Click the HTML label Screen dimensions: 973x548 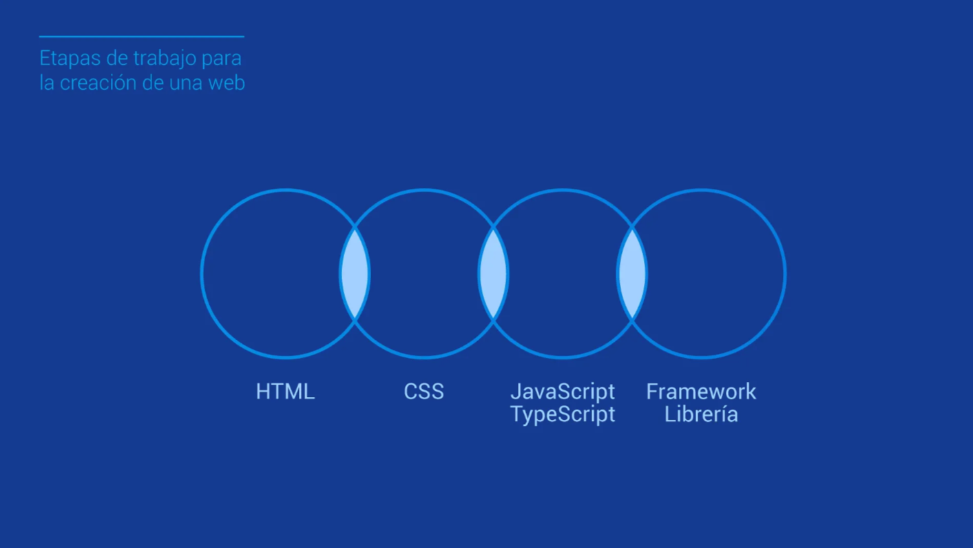coord(285,392)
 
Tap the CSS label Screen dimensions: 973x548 coord(423,392)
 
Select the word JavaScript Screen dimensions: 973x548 coord(563,392)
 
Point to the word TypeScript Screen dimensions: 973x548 coord(563,414)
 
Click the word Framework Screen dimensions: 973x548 coord(701,392)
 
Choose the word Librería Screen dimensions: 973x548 coord(701,414)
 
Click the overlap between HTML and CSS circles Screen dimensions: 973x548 coord(355,274)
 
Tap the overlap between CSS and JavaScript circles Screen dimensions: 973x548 coord(493,274)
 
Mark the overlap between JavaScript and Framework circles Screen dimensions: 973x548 coord(632,274)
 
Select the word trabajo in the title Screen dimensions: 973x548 coord(165,59)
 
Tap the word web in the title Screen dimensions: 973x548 coord(227,83)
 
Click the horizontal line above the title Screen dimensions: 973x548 coord(141,37)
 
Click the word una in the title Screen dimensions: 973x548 coord(186,83)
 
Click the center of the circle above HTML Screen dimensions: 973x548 coord(285,274)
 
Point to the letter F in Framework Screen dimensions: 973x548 coord(651,392)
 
